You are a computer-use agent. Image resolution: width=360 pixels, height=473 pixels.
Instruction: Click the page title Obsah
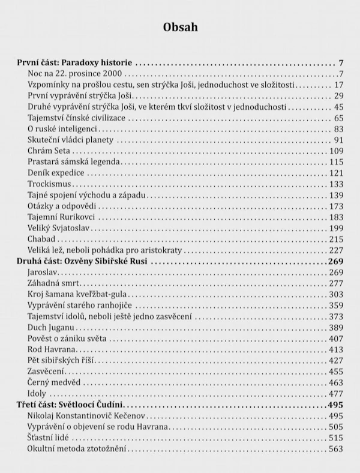click(x=179, y=28)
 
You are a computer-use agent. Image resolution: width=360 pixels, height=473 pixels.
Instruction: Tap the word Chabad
click(x=43, y=240)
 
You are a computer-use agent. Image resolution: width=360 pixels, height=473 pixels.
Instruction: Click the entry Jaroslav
click(x=43, y=273)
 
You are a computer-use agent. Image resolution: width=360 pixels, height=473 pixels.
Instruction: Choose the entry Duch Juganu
click(x=50, y=328)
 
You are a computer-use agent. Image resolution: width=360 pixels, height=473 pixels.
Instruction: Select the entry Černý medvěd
click(x=55, y=383)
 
